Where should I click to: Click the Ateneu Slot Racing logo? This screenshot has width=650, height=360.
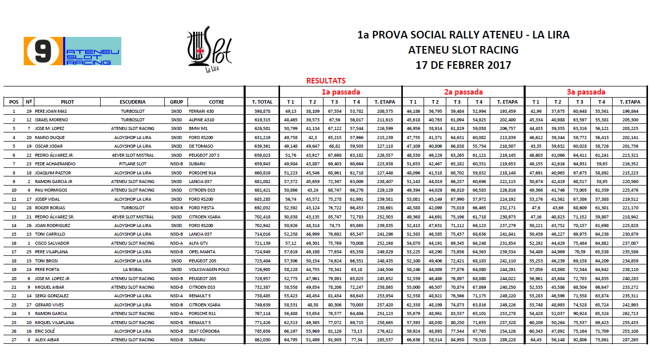point(72,51)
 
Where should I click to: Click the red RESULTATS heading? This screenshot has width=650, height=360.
point(326,81)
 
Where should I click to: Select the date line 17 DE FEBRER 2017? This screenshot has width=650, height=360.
point(463,65)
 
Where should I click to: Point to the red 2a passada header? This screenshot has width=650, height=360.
point(463,92)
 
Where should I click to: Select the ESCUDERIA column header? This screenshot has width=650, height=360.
point(133,102)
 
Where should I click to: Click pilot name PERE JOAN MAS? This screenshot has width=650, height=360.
point(51,111)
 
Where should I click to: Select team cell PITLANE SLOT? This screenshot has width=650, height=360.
point(133,164)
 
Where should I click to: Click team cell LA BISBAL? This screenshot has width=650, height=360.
point(133,269)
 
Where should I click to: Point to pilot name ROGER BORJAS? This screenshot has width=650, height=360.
point(50,208)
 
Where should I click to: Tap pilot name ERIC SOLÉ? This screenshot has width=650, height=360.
point(45,331)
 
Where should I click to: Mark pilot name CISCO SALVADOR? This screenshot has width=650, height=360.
point(52,243)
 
